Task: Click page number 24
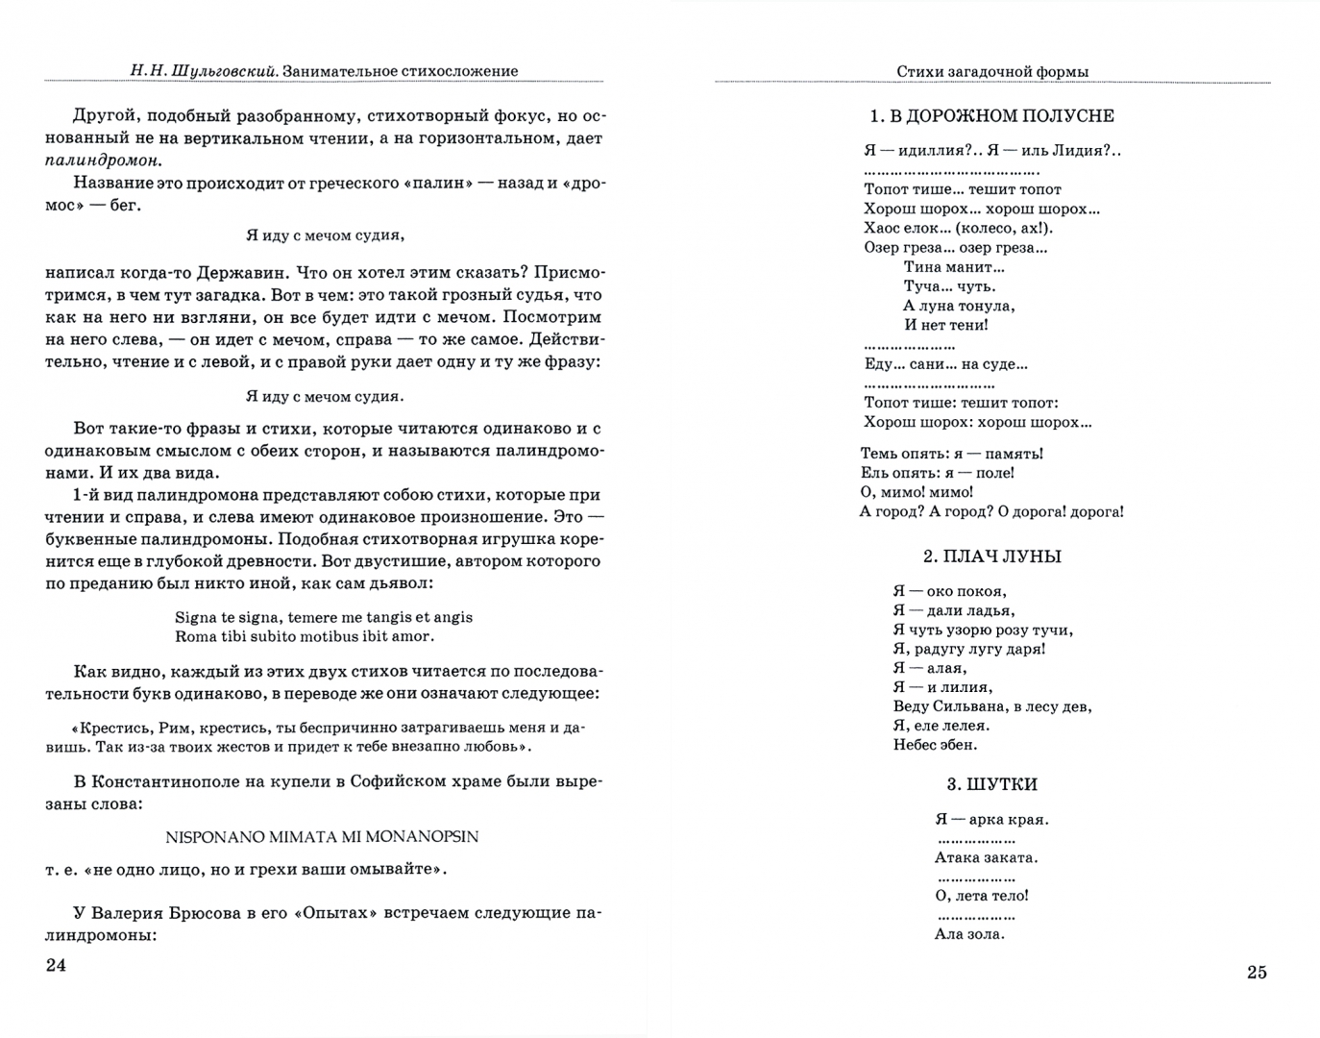(x=56, y=965)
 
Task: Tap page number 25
(x=1257, y=972)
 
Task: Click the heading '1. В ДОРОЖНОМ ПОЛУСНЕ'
(x=991, y=116)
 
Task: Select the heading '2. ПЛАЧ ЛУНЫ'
(x=991, y=556)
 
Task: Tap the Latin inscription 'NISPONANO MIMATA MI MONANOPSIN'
(x=322, y=836)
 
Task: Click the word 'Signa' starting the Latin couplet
(x=196, y=617)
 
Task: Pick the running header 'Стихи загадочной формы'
(x=991, y=71)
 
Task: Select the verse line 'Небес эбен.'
(x=935, y=745)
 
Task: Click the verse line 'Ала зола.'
(x=969, y=933)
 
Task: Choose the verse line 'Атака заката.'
(x=986, y=857)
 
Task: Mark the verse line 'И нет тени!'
(x=945, y=325)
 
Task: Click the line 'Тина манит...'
(x=953, y=266)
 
